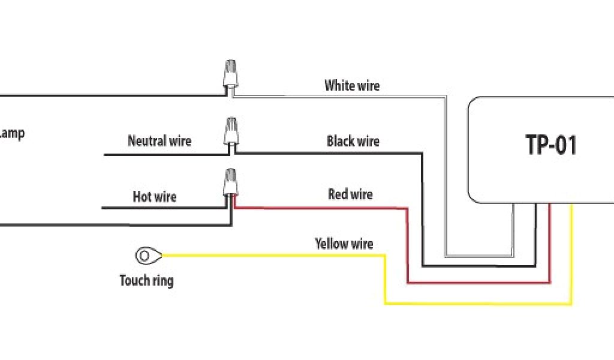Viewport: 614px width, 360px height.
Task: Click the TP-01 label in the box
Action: click(x=551, y=145)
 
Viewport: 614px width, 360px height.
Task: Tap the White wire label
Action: click(x=352, y=86)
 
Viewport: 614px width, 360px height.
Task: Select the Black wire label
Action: click(x=353, y=142)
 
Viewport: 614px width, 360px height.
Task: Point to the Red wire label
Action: click(x=350, y=194)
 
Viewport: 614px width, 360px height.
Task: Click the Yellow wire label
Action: click(x=344, y=244)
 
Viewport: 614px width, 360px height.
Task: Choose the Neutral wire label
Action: click(x=159, y=141)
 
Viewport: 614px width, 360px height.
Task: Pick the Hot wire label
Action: click(x=155, y=196)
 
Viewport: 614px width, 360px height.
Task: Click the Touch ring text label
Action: click(x=146, y=280)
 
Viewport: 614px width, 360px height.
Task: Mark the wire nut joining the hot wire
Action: click(x=230, y=183)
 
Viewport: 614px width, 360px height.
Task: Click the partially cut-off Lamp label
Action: click(x=12, y=133)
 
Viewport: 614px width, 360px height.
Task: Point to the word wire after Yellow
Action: click(x=360, y=244)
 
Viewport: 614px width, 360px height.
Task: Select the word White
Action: click(x=338, y=86)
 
